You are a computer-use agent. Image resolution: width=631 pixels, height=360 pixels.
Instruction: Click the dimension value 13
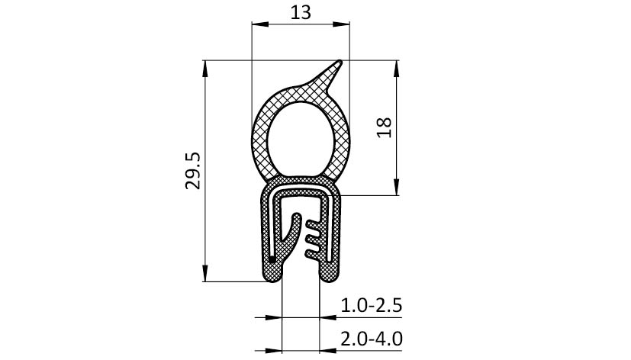click(301, 12)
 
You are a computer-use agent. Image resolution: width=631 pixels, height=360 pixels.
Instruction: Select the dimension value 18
click(385, 127)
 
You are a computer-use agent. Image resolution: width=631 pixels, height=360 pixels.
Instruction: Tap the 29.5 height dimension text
click(193, 171)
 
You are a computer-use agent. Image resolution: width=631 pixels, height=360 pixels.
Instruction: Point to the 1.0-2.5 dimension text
click(371, 306)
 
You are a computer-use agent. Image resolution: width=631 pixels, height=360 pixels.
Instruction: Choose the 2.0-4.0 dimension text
click(371, 339)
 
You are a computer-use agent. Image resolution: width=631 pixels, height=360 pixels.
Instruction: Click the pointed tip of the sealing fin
click(340, 63)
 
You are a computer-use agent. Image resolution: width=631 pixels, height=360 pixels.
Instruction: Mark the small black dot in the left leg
click(272, 259)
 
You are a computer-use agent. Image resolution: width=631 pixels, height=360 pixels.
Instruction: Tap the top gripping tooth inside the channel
click(314, 223)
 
